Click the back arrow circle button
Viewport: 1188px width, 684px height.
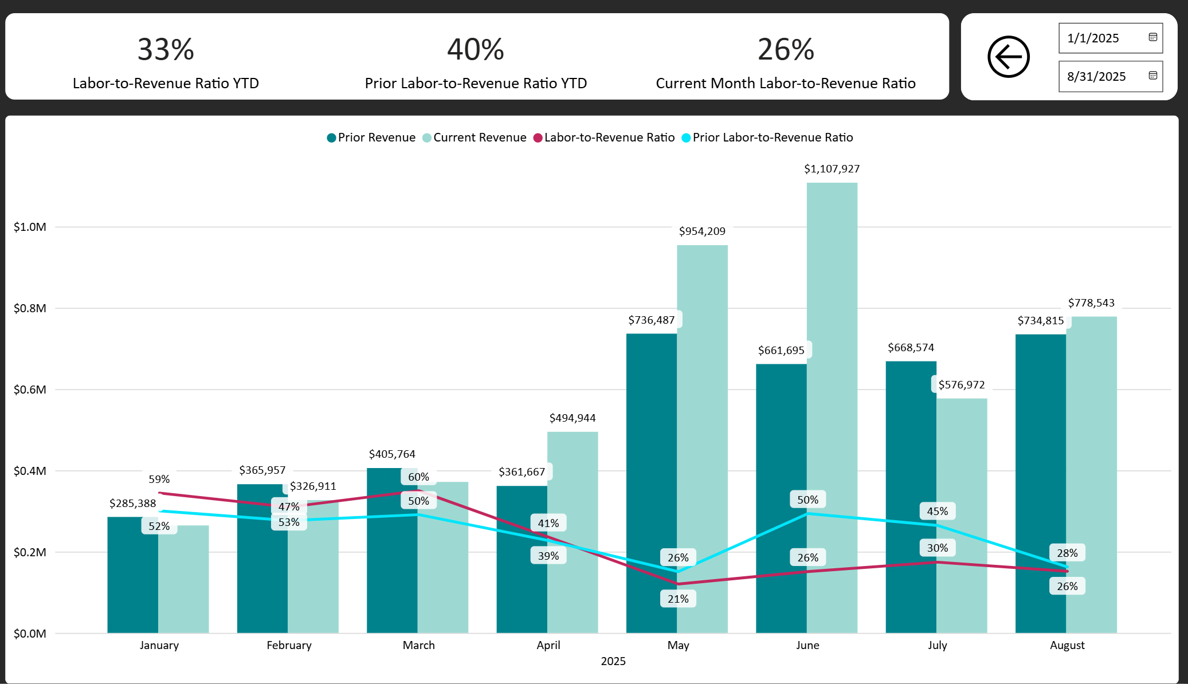click(1009, 57)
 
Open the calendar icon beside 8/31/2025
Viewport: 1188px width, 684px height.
click(1153, 76)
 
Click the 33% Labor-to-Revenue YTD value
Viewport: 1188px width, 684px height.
click(166, 49)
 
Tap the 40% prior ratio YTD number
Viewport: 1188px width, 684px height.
click(476, 49)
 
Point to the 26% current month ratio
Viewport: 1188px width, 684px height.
click(786, 49)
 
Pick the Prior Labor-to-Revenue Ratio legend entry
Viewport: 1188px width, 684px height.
click(767, 137)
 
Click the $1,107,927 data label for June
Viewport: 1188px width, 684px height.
click(832, 169)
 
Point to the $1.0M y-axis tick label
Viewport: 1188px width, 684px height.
click(30, 227)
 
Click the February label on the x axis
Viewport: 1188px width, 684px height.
click(289, 645)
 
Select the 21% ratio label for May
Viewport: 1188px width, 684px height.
click(678, 599)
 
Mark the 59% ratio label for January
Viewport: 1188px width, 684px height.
click(159, 479)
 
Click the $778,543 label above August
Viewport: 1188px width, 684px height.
click(1091, 303)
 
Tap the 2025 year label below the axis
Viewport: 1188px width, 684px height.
click(613, 661)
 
